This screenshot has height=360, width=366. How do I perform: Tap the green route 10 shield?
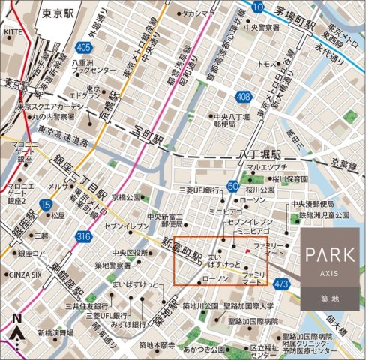point(258,7)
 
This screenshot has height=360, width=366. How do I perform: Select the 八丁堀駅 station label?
point(259,152)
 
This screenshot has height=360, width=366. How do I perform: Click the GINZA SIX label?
point(25,274)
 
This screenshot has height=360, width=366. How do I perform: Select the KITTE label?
point(13,32)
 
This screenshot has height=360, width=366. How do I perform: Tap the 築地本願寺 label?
point(157,345)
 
